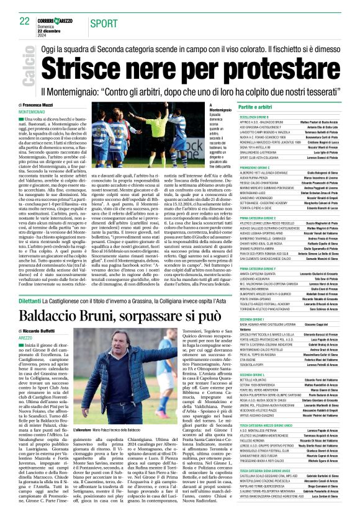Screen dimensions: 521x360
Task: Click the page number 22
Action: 25,20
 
